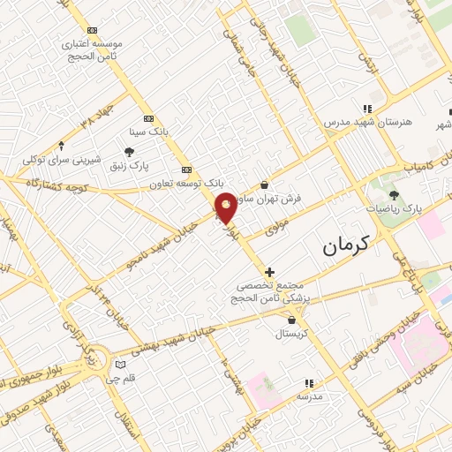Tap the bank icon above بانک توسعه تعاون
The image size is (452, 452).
185,169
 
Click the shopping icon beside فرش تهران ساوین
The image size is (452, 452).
266,185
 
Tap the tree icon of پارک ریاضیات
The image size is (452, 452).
394,195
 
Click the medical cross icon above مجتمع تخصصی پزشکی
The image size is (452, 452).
269,271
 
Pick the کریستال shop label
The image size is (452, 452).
291,334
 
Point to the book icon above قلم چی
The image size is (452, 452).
121,365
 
